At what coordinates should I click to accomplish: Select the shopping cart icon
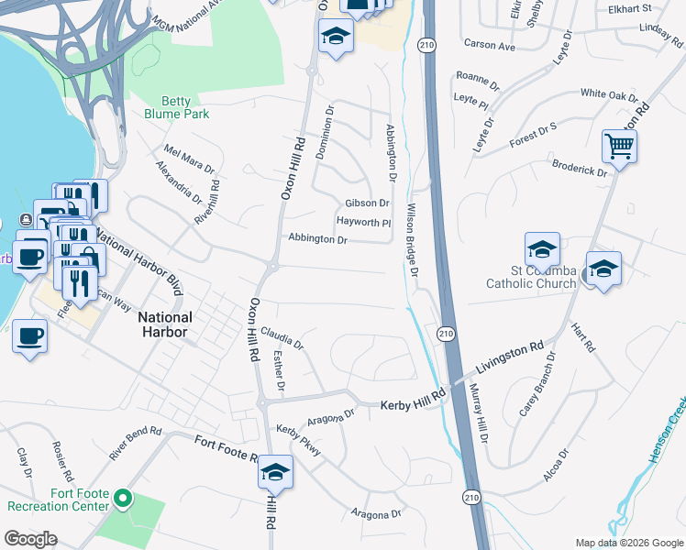coord(620,145)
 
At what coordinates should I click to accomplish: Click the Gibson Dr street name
coord(367,203)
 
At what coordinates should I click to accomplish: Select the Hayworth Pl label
coord(363,222)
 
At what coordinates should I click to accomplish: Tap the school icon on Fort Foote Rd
coord(275,472)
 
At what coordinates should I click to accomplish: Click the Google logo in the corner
coord(30,538)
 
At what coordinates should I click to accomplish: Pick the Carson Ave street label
coord(490,45)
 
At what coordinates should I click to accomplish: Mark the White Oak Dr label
coord(609,94)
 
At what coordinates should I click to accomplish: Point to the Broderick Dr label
coord(580,167)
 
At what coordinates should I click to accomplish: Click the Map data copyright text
coord(628,542)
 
